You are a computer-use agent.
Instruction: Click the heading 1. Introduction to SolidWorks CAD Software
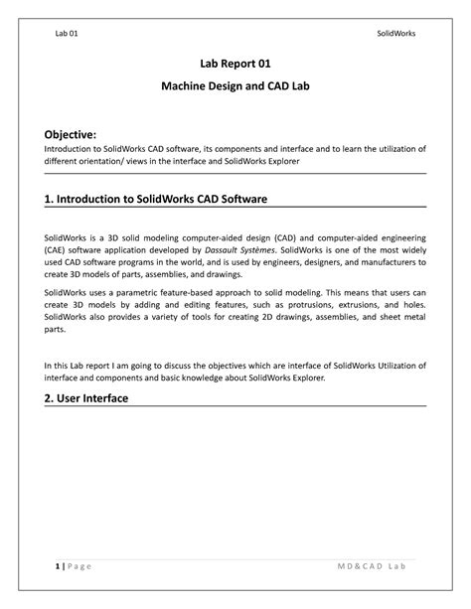tap(156, 200)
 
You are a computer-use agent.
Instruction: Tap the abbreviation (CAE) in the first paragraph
tap(57, 251)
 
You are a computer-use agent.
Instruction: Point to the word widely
tap(410, 251)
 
